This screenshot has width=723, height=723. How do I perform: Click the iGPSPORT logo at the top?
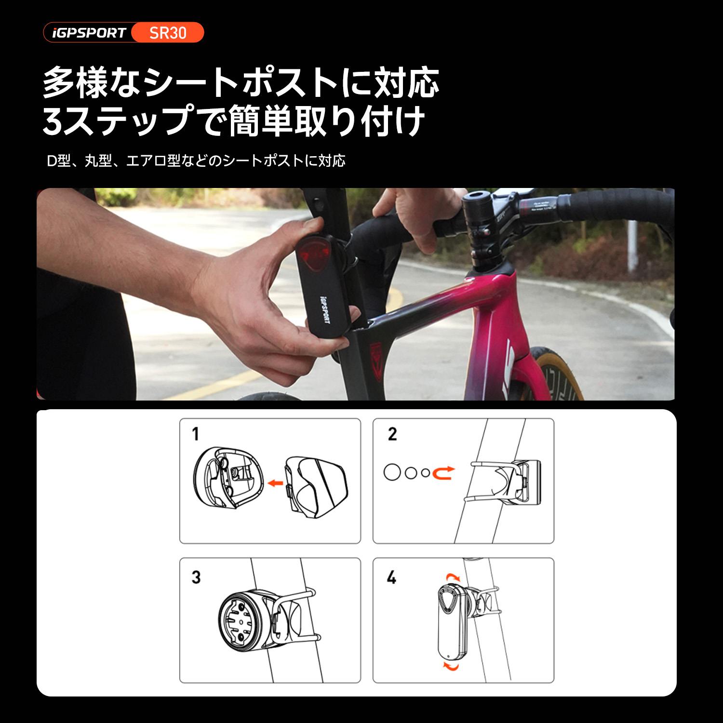pyautogui.click(x=89, y=33)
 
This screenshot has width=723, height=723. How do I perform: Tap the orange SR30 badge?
pyautogui.click(x=168, y=33)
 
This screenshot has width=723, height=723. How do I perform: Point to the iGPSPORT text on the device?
pyautogui.click(x=325, y=309)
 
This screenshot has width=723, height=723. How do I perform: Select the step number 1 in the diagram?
pyautogui.click(x=195, y=434)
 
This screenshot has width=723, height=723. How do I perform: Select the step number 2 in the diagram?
pyautogui.click(x=392, y=434)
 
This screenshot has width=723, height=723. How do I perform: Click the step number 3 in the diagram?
pyautogui.click(x=196, y=577)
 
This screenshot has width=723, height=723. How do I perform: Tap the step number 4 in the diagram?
pyautogui.click(x=391, y=577)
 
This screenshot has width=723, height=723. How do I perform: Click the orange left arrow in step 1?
pyautogui.click(x=275, y=482)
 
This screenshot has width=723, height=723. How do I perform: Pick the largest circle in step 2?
pyautogui.click(x=392, y=472)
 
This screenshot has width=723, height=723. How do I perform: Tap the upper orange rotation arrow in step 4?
pyautogui.click(x=453, y=577)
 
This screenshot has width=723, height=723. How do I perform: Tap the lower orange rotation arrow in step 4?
pyautogui.click(x=451, y=666)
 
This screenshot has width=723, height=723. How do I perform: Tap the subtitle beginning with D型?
pyautogui.click(x=196, y=161)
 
